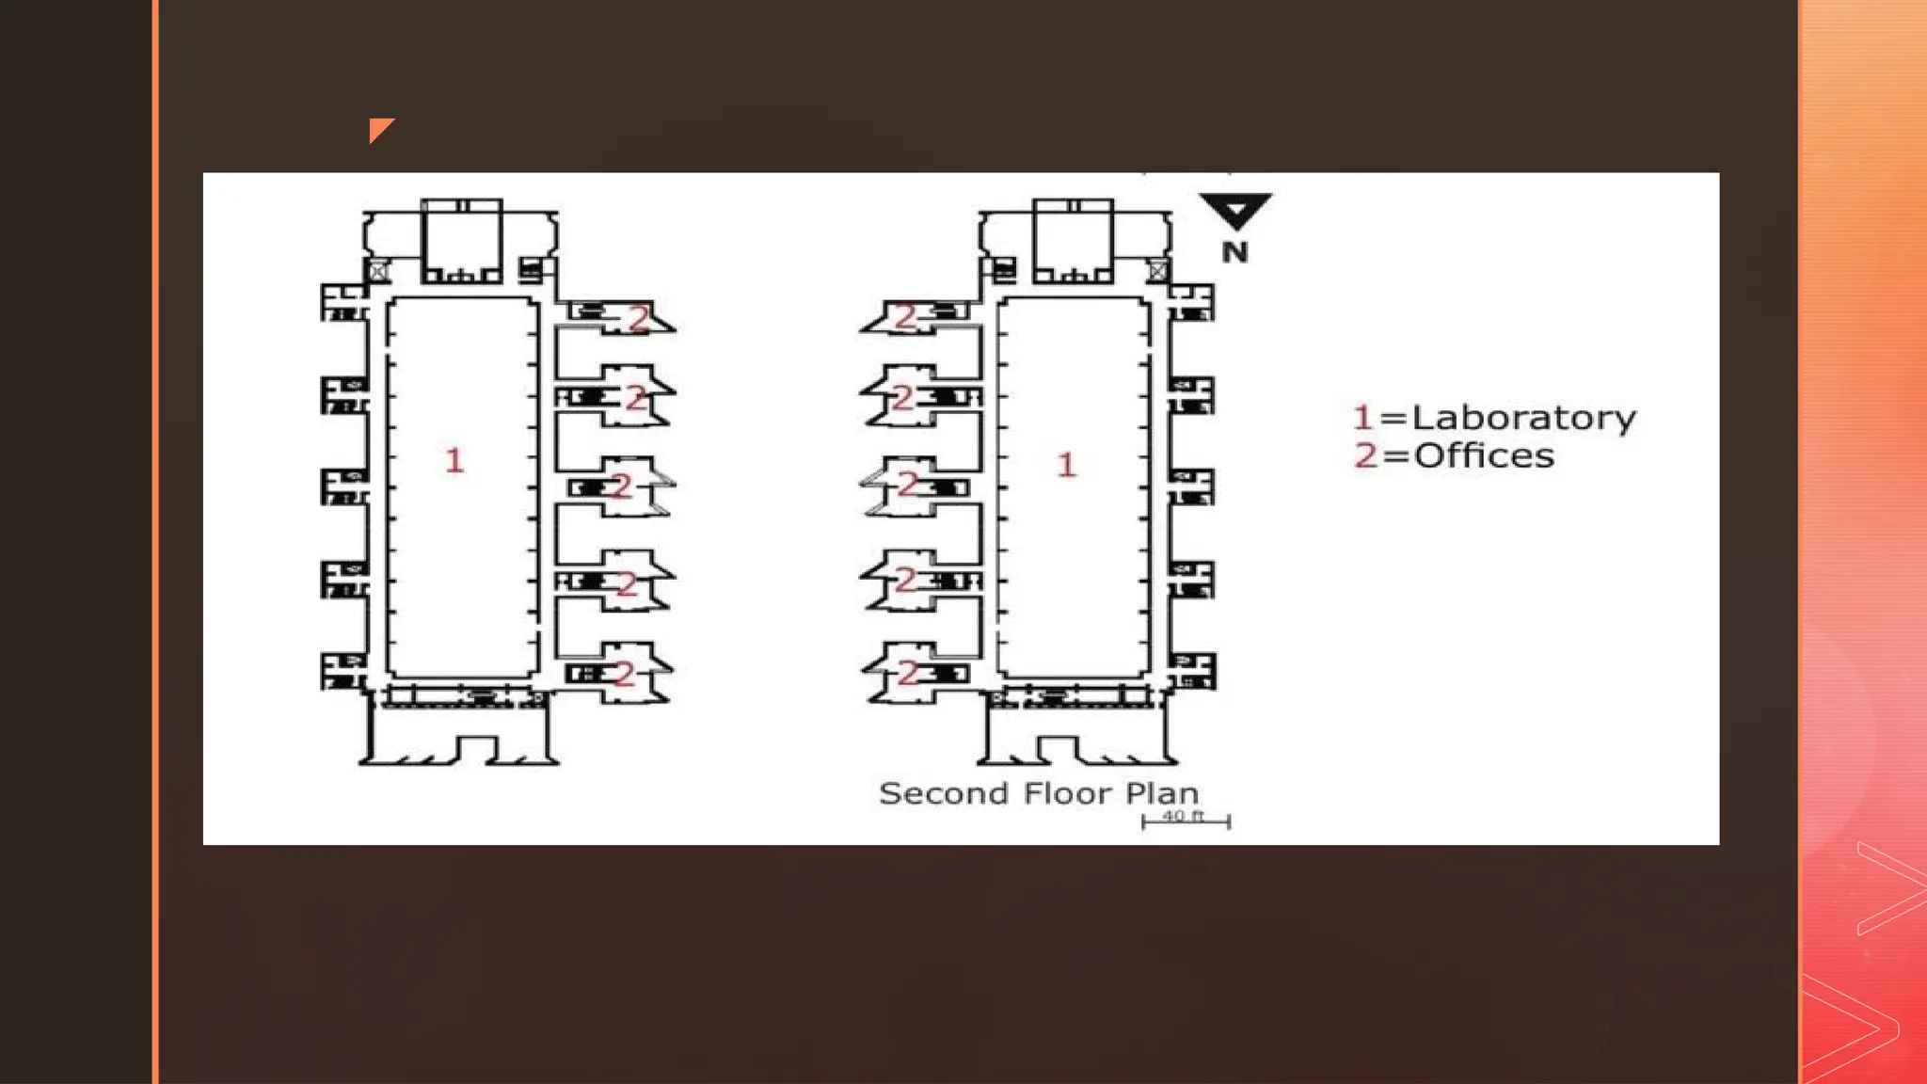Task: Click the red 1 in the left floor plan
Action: pos(454,460)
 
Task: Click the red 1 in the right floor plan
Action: pos(1066,464)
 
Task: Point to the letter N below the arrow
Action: pos(1235,252)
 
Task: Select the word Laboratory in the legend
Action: pos(1524,418)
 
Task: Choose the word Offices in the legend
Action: pos(1484,455)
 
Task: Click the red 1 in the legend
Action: pos(1362,417)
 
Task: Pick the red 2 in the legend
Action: pos(1365,455)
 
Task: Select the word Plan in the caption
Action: pos(1162,793)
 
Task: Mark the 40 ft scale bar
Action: pos(1186,821)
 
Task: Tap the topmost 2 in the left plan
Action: pos(639,319)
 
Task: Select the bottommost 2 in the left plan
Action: pos(625,673)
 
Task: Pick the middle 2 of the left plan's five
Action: pos(621,486)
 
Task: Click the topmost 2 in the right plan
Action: pos(905,317)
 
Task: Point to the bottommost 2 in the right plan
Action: pos(908,673)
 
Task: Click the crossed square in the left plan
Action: pos(377,271)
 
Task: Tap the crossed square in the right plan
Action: pos(1158,271)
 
